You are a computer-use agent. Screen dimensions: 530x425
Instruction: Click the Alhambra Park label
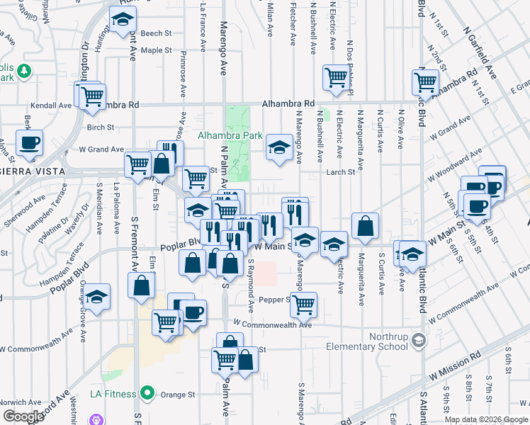(x=230, y=135)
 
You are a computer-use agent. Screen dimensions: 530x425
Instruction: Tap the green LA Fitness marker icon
(x=147, y=392)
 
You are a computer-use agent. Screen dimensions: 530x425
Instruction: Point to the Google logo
(x=23, y=416)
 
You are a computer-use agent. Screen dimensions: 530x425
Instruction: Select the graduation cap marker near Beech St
(x=123, y=20)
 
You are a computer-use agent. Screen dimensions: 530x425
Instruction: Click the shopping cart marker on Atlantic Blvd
(x=426, y=81)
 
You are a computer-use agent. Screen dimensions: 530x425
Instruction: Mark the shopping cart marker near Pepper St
(x=304, y=305)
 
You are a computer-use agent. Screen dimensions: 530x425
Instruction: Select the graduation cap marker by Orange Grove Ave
(x=98, y=295)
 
